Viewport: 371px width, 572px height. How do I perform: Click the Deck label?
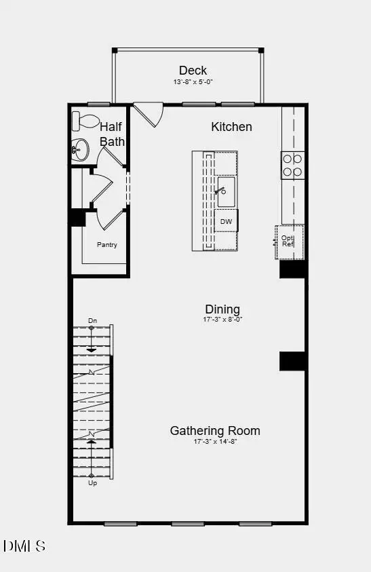(193, 71)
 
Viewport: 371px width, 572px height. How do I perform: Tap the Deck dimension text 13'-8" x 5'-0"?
(193, 82)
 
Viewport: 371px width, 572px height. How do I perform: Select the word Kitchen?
(231, 127)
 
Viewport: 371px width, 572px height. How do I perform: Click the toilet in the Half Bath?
(86, 121)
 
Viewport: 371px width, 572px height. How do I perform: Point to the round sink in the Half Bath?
(80, 149)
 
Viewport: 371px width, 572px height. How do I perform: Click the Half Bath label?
(112, 134)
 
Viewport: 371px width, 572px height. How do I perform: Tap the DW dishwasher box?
(226, 221)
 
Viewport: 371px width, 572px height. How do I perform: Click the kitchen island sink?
(225, 191)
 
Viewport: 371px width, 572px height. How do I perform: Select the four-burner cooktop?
(293, 165)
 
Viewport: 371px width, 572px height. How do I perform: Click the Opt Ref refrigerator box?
(289, 241)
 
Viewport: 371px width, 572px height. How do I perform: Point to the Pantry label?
(106, 244)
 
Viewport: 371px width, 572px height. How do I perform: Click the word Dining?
(222, 309)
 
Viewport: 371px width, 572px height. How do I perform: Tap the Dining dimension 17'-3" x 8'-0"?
(222, 320)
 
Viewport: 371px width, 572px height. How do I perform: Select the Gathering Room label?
(214, 431)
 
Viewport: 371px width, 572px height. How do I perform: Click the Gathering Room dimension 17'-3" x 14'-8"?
(214, 442)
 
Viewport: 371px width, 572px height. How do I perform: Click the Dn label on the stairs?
(93, 320)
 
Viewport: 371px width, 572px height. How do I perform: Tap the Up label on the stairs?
(92, 483)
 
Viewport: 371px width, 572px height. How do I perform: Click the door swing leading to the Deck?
(149, 113)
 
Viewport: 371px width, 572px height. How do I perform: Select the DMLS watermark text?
(24, 546)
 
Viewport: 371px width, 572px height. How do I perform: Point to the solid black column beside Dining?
(292, 361)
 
